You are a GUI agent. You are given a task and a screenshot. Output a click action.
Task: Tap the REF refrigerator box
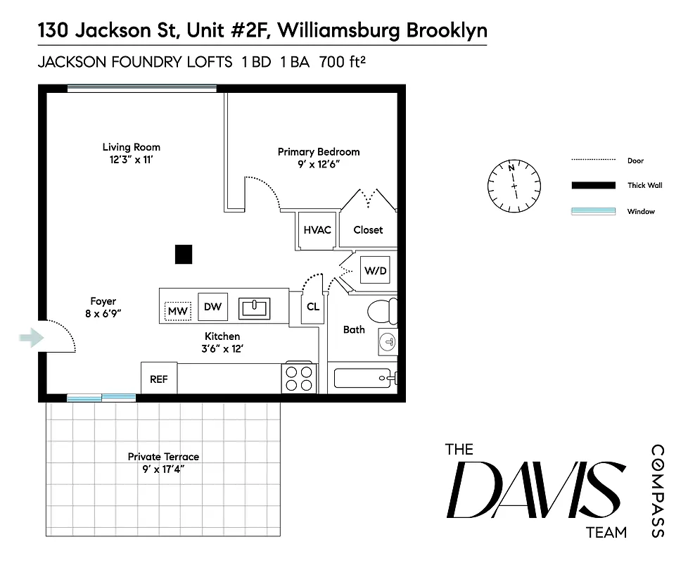[x=159, y=379]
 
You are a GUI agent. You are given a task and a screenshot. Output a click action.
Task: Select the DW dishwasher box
[x=212, y=306]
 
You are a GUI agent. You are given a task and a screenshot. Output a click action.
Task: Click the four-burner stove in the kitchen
[x=298, y=378]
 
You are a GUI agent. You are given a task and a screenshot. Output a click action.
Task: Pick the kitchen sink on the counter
[x=255, y=307]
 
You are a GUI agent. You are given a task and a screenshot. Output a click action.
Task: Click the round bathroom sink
[x=388, y=341]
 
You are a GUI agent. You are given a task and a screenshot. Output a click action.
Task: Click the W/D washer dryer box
[x=374, y=270]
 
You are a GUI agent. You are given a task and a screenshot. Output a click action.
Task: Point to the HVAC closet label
[x=317, y=230]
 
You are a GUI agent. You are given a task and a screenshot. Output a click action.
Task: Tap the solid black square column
[x=184, y=253]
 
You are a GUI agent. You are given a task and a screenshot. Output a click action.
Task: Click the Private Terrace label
[x=163, y=457]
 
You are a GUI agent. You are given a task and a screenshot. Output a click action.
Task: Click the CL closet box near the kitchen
[x=313, y=307]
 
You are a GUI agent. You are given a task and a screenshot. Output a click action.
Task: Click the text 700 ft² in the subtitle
[x=343, y=62]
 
